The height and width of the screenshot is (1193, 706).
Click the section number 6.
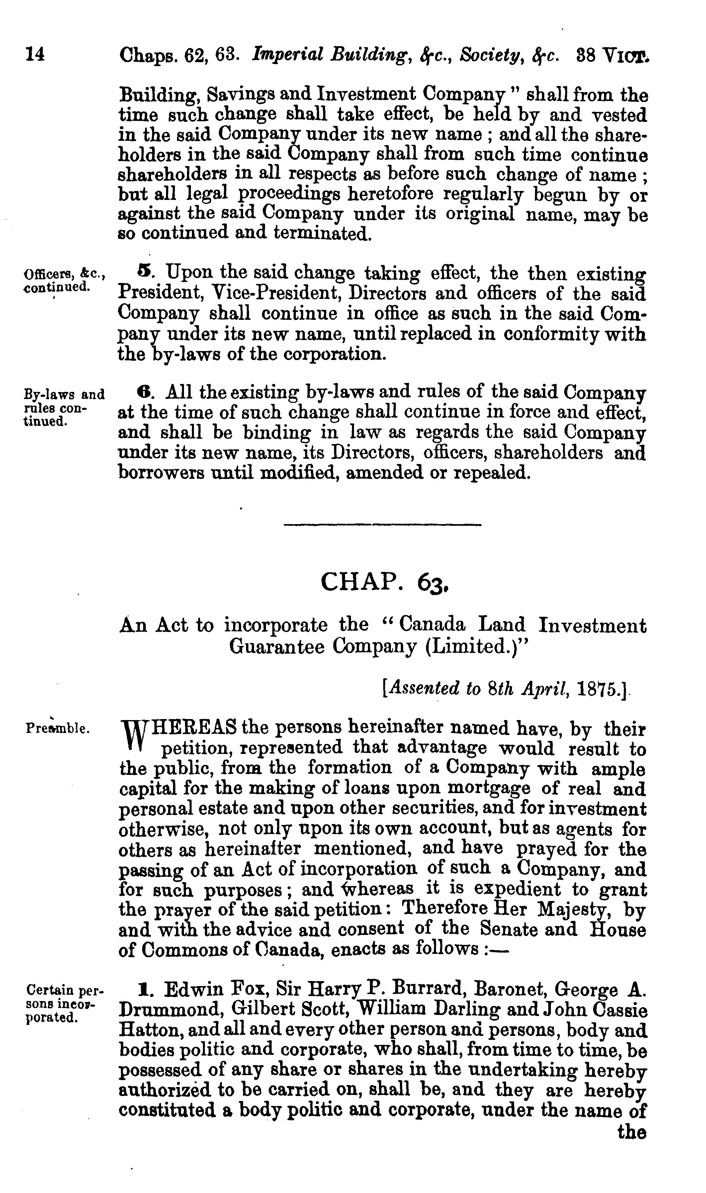(144, 393)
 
